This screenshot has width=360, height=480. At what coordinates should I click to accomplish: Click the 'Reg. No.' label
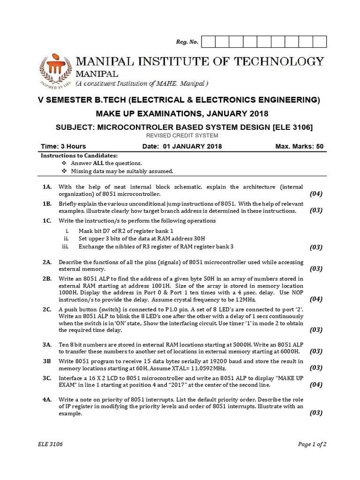pyautogui.click(x=187, y=42)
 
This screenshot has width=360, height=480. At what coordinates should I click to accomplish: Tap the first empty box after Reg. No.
pyautogui.click(x=208, y=42)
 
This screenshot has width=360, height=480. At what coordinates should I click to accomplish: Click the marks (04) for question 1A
pyautogui.click(x=316, y=194)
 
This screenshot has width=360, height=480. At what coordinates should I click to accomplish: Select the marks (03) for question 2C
pyautogui.click(x=316, y=330)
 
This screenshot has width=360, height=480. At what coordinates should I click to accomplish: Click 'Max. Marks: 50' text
pyautogui.click(x=299, y=146)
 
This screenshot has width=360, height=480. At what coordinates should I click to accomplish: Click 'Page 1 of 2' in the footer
pyautogui.click(x=312, y=444)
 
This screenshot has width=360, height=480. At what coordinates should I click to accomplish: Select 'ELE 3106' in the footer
pyautogui.click(x=50, y=444)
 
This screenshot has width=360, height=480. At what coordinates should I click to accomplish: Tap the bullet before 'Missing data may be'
pyautogui.click(x=64, y=171)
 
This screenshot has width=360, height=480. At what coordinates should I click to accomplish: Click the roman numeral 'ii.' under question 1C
pyautogui.click(x=67, y=239)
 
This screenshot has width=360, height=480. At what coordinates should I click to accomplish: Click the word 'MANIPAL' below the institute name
pyautogui.click(x=97, y=74)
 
